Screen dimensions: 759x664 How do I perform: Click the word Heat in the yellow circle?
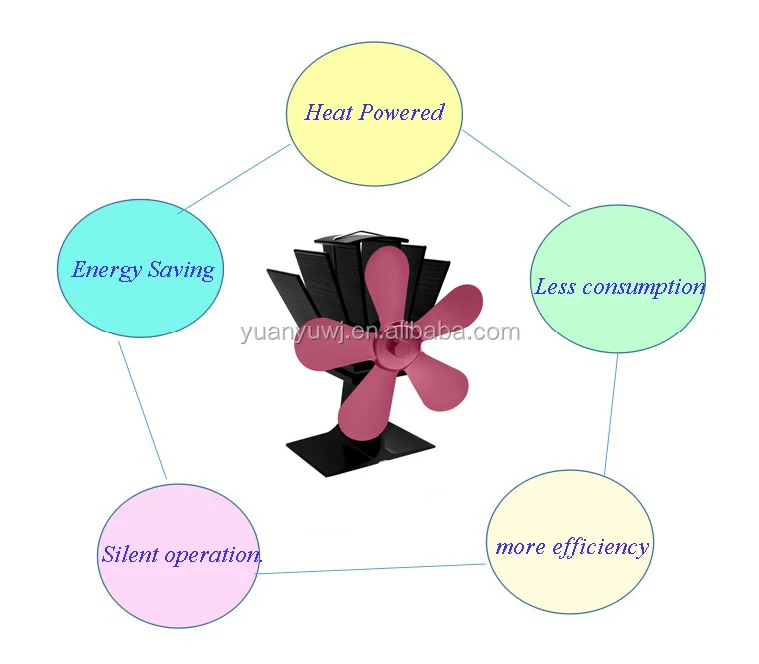coord(328,112)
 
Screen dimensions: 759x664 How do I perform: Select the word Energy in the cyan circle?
coord(105,269)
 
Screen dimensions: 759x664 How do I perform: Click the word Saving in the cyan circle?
coord(181,270)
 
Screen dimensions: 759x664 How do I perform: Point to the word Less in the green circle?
coord(555,287)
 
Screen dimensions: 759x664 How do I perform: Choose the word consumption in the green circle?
coord(643,287)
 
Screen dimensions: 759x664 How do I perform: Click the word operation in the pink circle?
coord(211,555)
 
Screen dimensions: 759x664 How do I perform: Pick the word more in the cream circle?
coord(520,547)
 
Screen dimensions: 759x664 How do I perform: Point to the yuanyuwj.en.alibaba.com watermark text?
coord(379,332)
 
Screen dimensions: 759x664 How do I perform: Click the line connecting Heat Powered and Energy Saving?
coord(236,178)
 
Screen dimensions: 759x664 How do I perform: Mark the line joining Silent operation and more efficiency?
coord(375,569)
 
